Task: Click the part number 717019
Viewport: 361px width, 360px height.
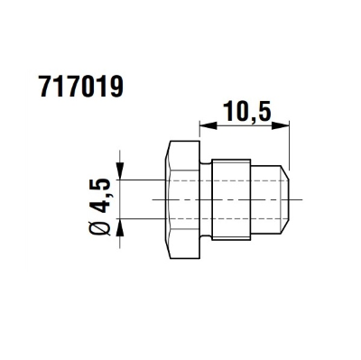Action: (x=81, y=87)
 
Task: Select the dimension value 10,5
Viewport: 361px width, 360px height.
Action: (x=246, y=112)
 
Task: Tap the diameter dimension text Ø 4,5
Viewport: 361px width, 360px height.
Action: (x=99, y=207)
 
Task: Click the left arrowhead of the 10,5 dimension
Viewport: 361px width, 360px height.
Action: (x=208, y=125)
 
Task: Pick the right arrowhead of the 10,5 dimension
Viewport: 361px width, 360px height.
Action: (x=281, y=125)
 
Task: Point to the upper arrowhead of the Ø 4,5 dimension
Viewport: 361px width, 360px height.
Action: (x=120, y=171)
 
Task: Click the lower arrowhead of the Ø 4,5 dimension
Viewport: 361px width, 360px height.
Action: (x=120, y=226)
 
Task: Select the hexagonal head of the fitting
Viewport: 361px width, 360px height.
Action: (x=183, y=199)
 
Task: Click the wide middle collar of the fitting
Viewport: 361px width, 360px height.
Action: (x=231, y=199)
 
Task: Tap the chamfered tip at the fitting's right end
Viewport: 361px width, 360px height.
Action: (x=285, y=199)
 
